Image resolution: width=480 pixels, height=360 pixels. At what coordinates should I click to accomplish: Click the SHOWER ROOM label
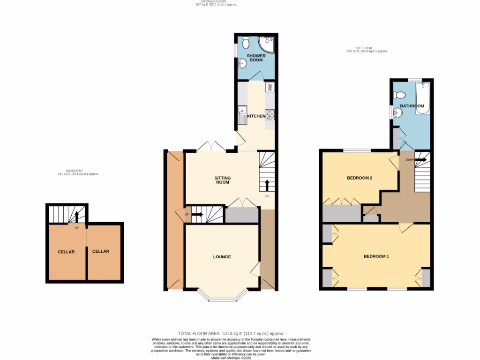pyautogui.click(x=256, y=59)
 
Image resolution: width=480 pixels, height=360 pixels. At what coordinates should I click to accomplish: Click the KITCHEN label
pyautogui.click(x=256, y=116)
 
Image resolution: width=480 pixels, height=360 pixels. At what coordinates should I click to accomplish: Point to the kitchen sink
pyautogui.click(x=243, y=114)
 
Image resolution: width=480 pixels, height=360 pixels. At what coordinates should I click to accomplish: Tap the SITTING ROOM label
pyautogui.click(x=222, y=180)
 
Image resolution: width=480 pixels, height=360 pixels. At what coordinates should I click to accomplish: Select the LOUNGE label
pyautogui.click(x=222, y=257)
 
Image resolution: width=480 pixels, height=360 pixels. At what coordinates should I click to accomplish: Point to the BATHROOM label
pyautogui.click(x=412, y=106)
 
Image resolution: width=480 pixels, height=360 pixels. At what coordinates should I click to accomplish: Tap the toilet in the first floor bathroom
pyautogui.click(x=399, y=95)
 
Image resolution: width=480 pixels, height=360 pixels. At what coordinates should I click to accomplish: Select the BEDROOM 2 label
pyautogui.click(x=360, y=178)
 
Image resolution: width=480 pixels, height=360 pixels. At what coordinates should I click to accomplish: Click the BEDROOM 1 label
pyautogui.click(x=376, y=256)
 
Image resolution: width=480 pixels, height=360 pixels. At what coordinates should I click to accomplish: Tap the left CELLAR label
pyautogui.click(x=66, y=252)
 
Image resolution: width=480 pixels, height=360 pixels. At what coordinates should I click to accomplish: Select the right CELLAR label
pyautogui.click(x=100, y=251)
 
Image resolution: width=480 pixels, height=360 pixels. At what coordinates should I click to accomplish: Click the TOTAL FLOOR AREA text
pyautogui.click(x=231, y=333)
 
